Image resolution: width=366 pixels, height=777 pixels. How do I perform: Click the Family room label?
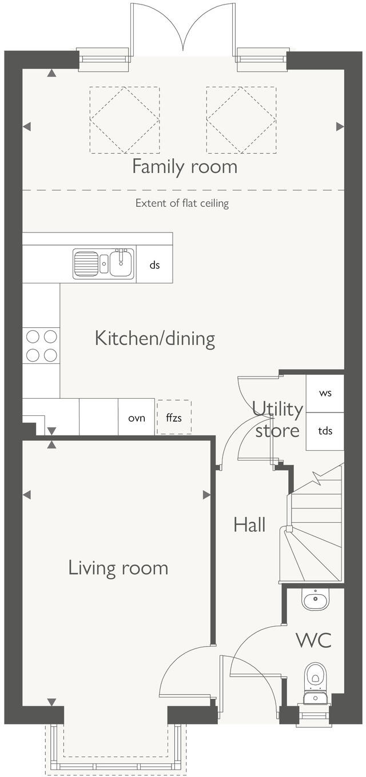pyautogui.click(x=184, y=167)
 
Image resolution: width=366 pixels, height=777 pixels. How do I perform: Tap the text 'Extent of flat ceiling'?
pyautogui.click(x=182, y=203)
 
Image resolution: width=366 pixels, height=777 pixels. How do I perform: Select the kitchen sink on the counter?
pyautogui.click(x=104, y=264)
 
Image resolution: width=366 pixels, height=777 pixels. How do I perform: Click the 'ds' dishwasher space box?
pyautogui.click(x=154, y=265)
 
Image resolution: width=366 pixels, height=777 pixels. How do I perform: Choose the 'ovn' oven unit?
pyautogui.click(x=136, y=418)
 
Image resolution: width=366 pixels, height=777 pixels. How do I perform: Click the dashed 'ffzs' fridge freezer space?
pyautogui.click(x=174, y=418)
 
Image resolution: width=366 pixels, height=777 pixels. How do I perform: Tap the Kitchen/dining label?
pyautogui.click(x=154, y=338)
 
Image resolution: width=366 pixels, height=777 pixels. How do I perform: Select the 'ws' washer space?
pyautogui.click(x=325, y=394)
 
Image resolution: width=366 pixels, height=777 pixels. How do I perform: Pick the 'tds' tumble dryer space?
pyautogui.click(x=325, y=431)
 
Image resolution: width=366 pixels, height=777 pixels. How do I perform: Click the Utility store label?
pyautogui.click(x=277, y=419)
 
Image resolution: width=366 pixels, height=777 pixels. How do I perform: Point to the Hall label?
pyautogui.click(x=249, y=524)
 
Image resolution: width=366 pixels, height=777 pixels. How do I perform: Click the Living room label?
pyautogui.click(x=118, y=568)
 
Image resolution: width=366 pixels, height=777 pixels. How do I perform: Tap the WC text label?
pyautogui.click(x=313, y=640)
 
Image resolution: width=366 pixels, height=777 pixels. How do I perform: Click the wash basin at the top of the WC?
pyautogui.click(x=315, y=600)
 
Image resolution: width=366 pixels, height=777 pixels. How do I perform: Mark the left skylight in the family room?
pyautogui.click(x=124, y=120)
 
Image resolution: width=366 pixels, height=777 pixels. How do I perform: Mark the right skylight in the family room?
pyautogui.click(x=241, y=120)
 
